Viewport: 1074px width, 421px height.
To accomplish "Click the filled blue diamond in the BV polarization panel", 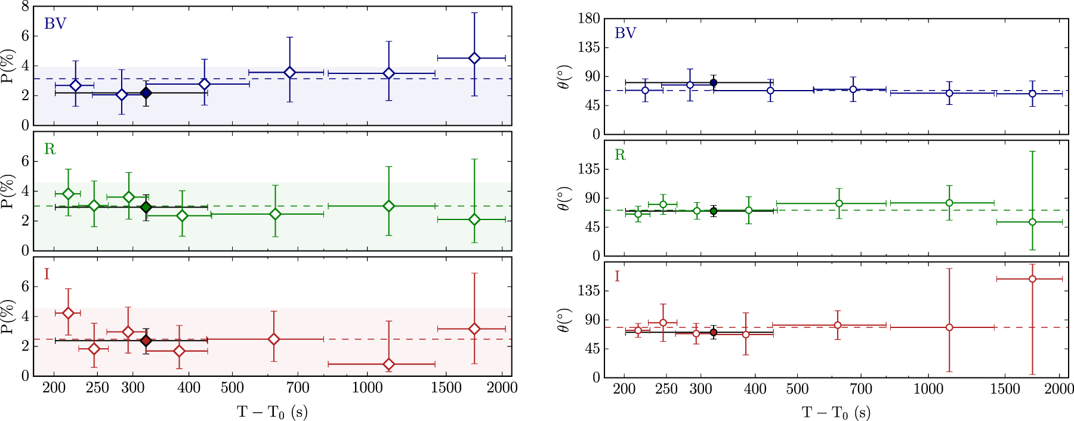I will (x=146, y=93).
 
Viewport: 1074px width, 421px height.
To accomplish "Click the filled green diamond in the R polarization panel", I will (x=146, y=208).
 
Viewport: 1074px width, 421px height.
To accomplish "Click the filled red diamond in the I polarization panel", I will (x=146, y=341).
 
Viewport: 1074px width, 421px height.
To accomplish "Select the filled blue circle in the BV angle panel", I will (x=713, y=83).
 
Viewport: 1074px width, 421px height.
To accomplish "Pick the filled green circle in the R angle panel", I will (x=713, y=211).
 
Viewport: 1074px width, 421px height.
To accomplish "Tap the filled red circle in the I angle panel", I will (x=713, y=333).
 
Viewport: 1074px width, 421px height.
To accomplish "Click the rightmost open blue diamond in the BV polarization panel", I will (x=474, y=58).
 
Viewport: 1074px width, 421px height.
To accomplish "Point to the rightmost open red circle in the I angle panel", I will (x=1032, y=279).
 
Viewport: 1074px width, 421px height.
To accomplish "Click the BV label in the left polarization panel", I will (x=55, y=24).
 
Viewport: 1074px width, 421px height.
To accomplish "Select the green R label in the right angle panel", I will (x=620, y=155).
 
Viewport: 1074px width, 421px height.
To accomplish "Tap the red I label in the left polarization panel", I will (x=47, y=274).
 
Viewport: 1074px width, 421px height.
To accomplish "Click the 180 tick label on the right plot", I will (x=588, y=18).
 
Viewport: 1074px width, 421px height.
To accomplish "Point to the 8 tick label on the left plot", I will (x=25, y=6).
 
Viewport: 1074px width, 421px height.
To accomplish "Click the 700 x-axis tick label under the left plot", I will (x=298, y=388).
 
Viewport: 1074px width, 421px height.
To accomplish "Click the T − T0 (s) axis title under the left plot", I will (x=272, y=412).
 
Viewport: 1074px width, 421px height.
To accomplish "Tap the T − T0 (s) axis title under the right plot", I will (x=835, y=413).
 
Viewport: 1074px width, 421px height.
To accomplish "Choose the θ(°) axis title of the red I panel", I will (x=564, y=320).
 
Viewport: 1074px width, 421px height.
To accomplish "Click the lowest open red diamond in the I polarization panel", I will (x=388, y=364).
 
